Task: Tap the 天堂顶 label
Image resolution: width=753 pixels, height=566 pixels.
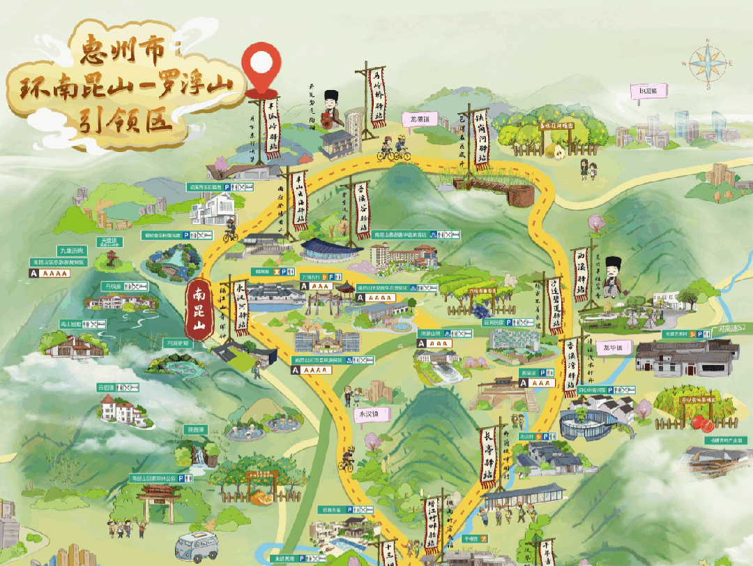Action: tap(111, 242)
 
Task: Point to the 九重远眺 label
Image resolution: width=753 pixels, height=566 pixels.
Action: tap(71, 250)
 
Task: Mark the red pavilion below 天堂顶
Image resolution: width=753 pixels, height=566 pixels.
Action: tap(108, 260)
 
